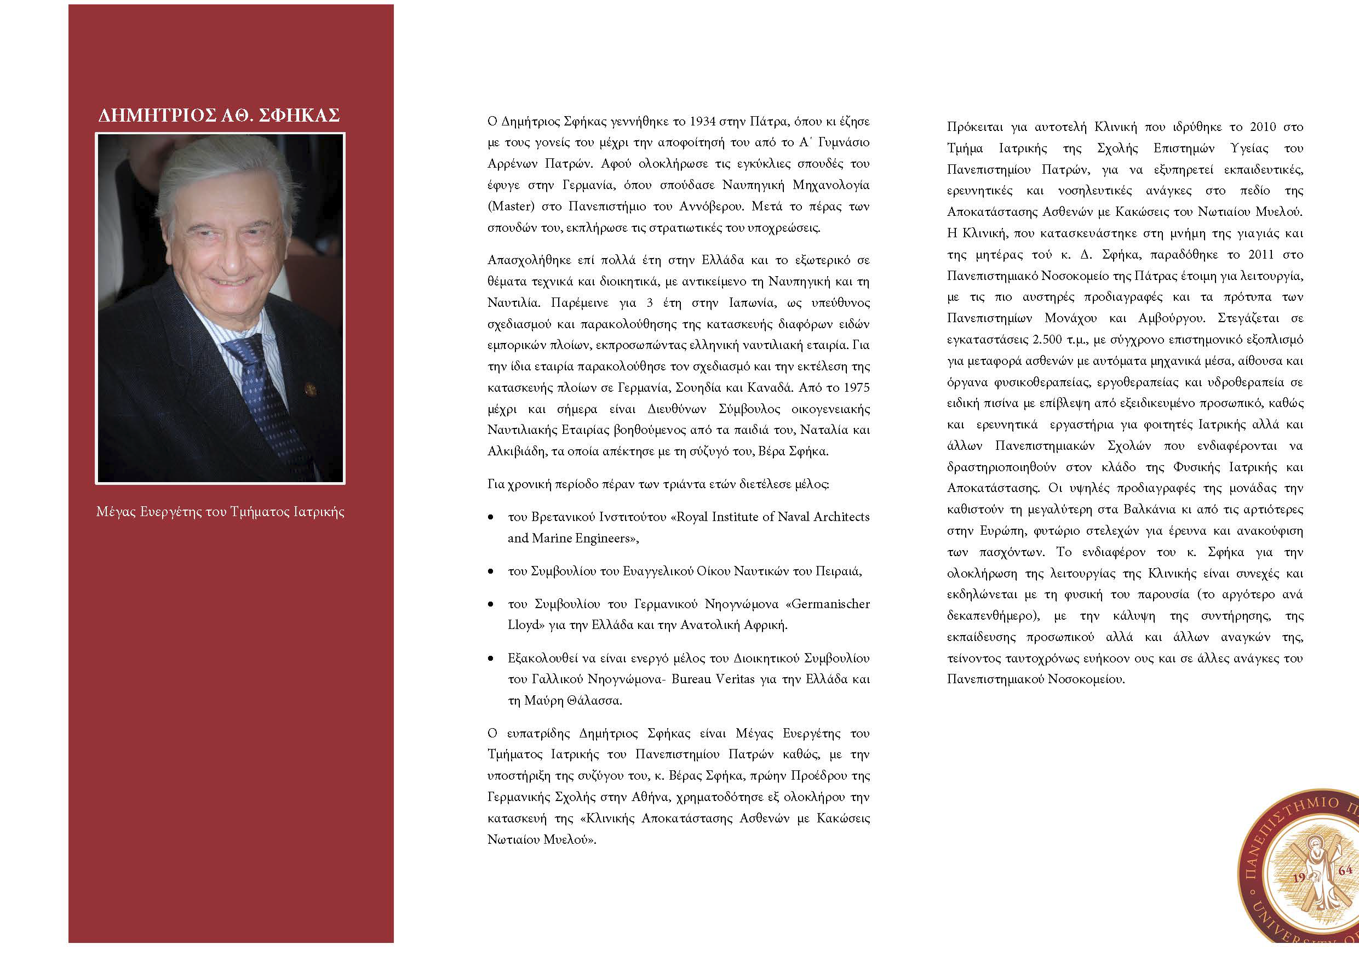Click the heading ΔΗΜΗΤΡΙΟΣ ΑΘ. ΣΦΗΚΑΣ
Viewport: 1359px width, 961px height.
[x=219, y=116]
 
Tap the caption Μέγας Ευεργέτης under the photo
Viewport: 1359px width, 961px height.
[x=220, y=512]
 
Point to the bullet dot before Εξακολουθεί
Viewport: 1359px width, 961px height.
[x=491, y=659]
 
